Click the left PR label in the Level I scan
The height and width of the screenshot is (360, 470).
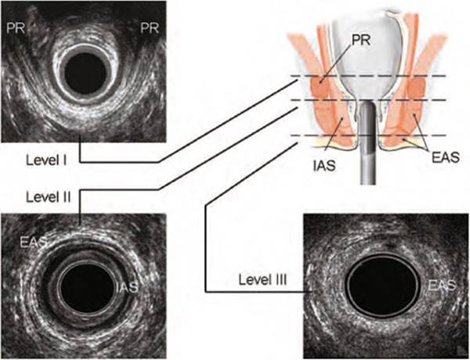point(16,28)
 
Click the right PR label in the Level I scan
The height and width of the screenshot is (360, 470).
point(150,28)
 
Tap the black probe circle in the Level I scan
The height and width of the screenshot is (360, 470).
point(85,74)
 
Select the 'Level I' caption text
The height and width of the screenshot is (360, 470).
point(46,160)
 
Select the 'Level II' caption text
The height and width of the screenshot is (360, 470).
point(49,197)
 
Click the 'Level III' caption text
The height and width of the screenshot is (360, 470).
point(262,280)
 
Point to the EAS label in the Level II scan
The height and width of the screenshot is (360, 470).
point(34,242)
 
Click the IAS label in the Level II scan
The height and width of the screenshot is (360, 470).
point(127,287)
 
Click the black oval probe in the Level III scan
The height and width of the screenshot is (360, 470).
point(383,286)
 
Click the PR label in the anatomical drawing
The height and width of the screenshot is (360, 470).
point(361,41)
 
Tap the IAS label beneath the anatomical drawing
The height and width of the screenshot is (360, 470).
point(324,166)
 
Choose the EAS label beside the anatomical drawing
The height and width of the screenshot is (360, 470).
point(446,157)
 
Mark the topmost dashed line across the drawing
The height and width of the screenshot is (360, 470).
point(369,76)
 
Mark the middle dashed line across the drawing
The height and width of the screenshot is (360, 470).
point(369,99)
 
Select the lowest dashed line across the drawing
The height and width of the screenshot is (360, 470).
point(369,135)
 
